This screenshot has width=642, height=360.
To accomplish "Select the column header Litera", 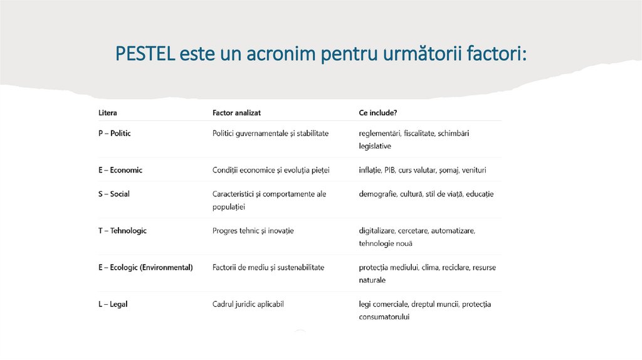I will click(107, 113).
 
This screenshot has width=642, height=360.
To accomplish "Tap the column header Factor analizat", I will click(236, 113).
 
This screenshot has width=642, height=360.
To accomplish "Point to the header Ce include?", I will click(377, 113).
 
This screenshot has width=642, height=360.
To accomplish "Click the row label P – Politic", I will click(114, 134).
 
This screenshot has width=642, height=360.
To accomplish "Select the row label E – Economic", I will click(120, 170).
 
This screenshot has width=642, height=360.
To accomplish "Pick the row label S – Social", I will click(113, 194).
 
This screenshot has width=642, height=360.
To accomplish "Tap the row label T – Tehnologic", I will click(122, 231).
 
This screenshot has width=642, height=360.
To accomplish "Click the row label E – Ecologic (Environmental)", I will click(145, 267).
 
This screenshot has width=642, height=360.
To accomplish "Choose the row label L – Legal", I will click(113, 304).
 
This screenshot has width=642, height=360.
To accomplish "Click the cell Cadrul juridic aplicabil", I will click(248, 304).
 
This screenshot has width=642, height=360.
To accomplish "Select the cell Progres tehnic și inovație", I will click(253, 231).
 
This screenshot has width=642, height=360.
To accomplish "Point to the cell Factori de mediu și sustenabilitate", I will click(268, 267).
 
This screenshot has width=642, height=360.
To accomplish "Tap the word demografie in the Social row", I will click(378, 194).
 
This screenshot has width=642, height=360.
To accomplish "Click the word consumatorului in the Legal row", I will click(384, 317).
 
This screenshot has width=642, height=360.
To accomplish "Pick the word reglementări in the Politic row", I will click(380, 134).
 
